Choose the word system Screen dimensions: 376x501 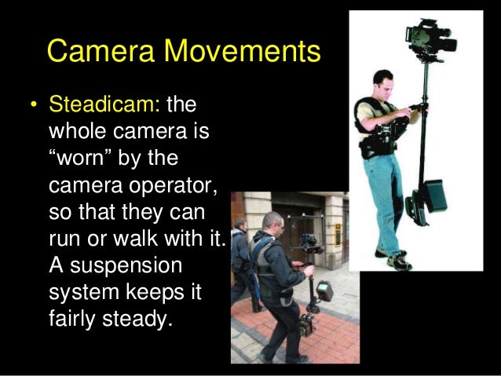click(82, 294)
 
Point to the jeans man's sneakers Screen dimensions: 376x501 click(393, 258)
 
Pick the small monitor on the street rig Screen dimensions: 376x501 click(323, 290)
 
